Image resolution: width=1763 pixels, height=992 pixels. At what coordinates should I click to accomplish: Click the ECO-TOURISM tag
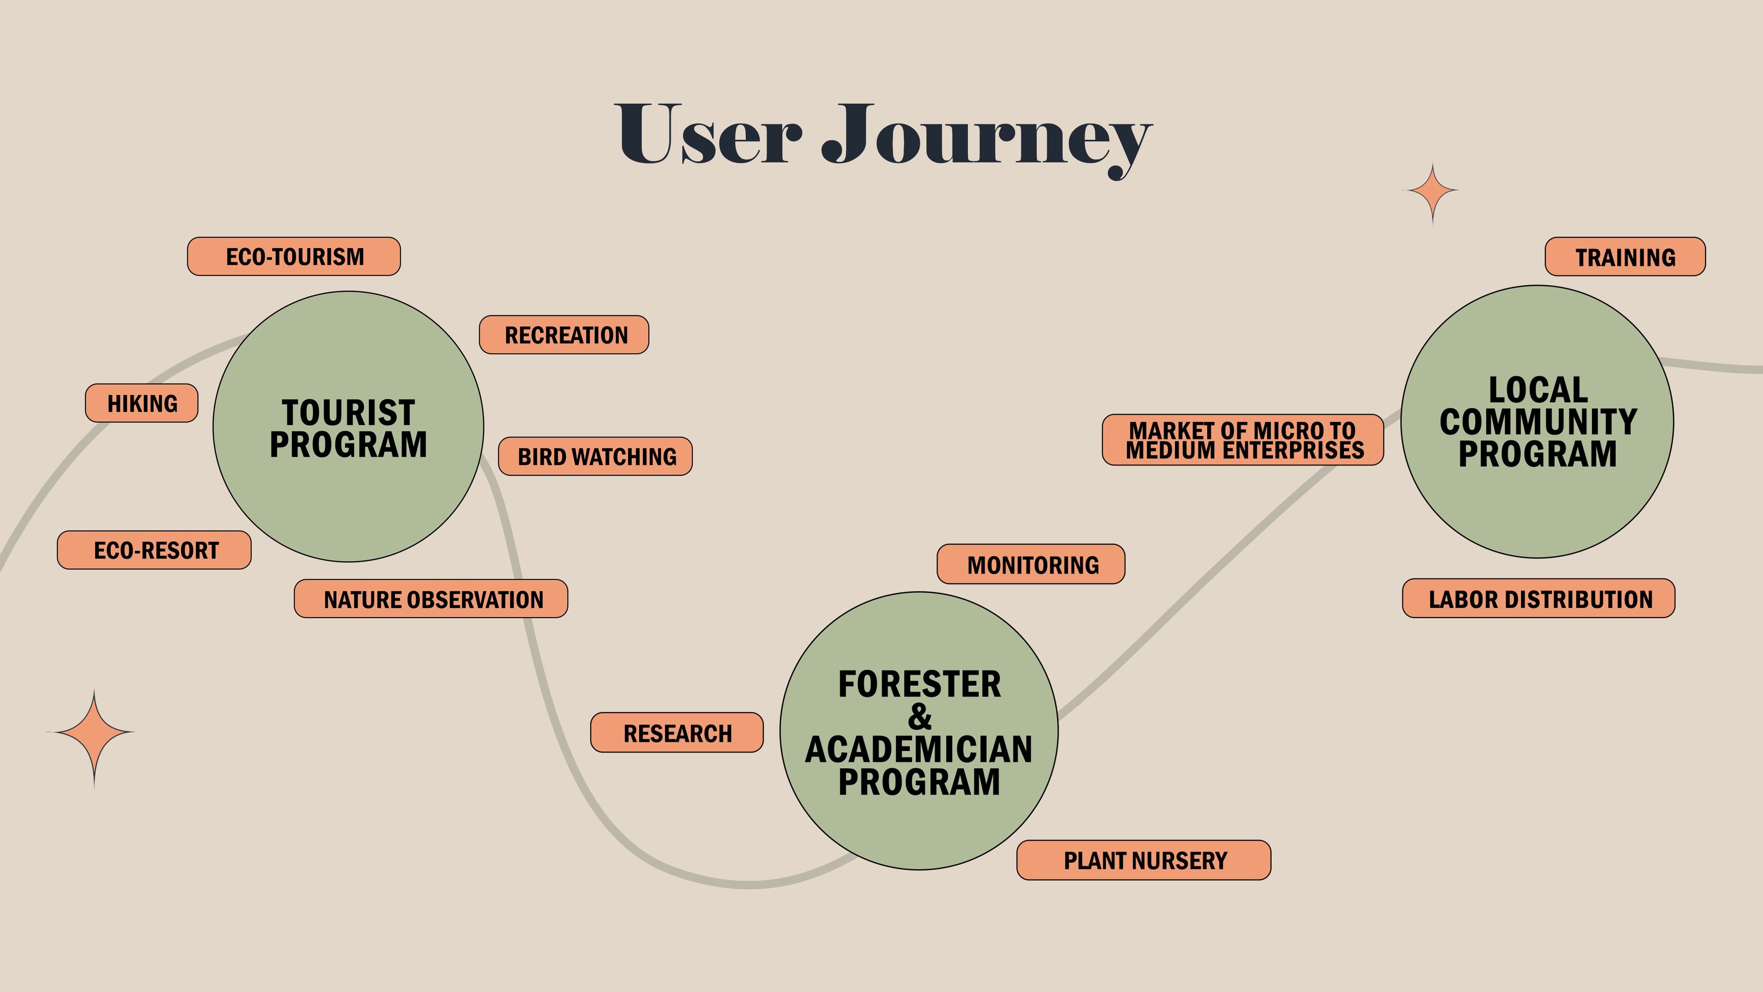294,257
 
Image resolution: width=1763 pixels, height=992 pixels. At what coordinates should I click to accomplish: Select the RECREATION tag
564,335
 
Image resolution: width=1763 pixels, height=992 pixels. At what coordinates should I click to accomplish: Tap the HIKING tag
141,403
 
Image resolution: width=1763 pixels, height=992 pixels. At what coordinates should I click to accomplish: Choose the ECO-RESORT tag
154,550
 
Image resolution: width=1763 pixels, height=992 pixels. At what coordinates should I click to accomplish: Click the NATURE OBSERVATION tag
431,599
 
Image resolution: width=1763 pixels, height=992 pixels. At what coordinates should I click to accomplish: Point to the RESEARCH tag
677,732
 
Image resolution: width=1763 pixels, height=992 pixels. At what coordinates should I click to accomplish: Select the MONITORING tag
1031,564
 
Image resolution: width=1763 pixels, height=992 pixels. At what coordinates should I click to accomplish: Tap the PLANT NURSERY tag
1144,860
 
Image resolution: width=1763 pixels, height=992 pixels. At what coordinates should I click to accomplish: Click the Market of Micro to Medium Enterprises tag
1243,440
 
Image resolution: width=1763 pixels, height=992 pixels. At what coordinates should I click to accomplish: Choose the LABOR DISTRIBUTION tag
1539,598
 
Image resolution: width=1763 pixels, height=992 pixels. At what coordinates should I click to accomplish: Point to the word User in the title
708,134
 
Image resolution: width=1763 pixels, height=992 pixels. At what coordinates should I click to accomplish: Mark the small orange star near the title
1432,192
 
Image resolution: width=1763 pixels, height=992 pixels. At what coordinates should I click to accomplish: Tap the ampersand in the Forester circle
920,717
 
